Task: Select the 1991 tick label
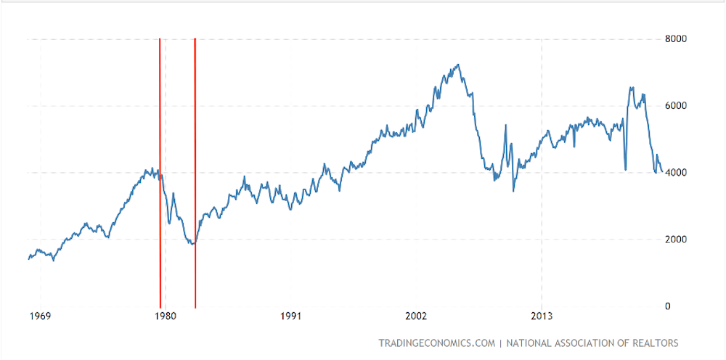[290, 316]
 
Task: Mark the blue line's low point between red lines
[192, 244]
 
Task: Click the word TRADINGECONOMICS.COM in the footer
[436, 343]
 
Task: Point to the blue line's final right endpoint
[661, 172]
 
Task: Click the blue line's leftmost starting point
[29, 258]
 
